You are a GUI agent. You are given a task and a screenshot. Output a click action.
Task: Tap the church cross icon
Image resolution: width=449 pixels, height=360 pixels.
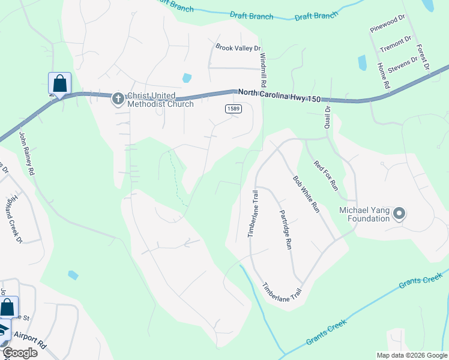coord(118,98)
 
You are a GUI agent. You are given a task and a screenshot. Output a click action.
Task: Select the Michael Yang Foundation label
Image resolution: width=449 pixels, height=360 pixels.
coord(364,214)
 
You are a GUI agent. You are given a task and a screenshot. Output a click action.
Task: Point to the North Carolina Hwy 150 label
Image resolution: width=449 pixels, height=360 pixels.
coord(288,93)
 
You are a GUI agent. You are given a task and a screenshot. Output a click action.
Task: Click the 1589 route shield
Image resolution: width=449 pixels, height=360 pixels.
coord(234,108)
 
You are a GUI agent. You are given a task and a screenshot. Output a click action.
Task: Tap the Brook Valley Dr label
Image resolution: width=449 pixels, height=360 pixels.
coord(238,47)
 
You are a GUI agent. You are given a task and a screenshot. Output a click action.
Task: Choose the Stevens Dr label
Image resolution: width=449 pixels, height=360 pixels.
coord(402,63)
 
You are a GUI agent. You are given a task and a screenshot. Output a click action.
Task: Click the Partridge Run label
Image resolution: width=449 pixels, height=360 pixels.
coord(286,229)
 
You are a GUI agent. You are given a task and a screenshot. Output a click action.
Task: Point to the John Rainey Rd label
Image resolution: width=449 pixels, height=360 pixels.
coord(27,154)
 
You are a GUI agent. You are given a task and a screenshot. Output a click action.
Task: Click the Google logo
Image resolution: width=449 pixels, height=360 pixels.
coord(20,353)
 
